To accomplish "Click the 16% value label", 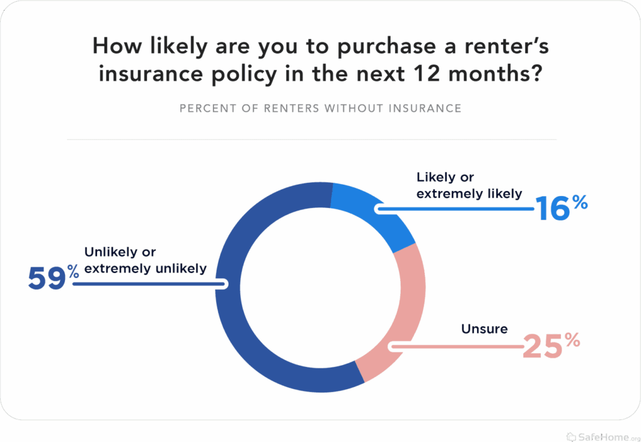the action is click(x=562, y=208).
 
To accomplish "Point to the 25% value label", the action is click(x=551, y=346).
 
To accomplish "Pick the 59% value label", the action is click(x=54, y=277).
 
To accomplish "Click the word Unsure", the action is click(x=485, y=329).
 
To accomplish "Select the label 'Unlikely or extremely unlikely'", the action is click(x=145, y=260).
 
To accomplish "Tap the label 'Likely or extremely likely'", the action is click(x=469, y=185).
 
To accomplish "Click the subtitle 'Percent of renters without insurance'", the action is click(x=320, y=108).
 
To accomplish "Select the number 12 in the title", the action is click(x=426, y=74).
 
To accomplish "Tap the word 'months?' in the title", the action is click(x=496, y=74).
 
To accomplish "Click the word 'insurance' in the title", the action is click(x=151, y=74).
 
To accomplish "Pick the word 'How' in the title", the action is click(x=117, y=45).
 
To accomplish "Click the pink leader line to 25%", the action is click(x=456, y=347).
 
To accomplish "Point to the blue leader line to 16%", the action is click(x=454, y=209).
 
